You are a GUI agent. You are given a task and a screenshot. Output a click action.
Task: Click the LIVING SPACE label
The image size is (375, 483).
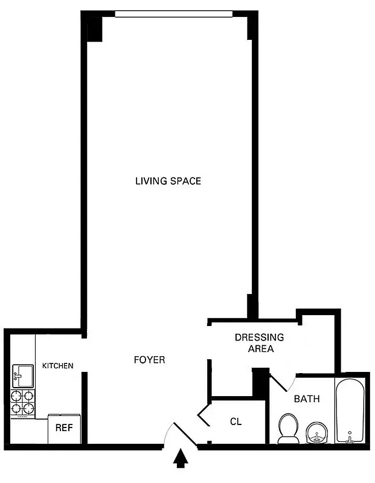point(168,181)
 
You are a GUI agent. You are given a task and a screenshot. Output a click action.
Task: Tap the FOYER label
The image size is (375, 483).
point(149,360)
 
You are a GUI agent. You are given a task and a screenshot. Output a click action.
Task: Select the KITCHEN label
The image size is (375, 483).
point(58,366)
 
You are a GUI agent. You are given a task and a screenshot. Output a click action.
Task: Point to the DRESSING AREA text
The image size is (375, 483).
point(259,343)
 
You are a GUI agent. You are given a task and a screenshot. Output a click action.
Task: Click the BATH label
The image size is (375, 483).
point(307,399)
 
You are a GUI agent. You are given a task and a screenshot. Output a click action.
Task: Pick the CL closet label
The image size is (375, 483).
point(236,421)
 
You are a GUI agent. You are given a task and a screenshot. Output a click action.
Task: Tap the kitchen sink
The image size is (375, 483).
point(23,376)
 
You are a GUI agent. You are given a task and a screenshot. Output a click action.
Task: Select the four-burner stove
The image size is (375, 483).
point(23,403)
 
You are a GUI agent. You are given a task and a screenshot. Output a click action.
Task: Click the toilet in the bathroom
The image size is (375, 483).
point(288,428)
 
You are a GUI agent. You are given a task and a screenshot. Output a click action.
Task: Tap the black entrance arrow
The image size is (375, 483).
point(180,460)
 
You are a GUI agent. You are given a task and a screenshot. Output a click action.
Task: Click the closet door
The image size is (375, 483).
point(203,416)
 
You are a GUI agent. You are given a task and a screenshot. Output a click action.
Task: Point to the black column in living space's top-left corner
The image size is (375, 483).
point(94,28)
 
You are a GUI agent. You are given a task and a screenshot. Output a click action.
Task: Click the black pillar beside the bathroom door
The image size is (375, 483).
point(260,381)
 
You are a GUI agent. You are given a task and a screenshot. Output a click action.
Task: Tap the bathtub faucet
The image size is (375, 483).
point(350,438)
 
